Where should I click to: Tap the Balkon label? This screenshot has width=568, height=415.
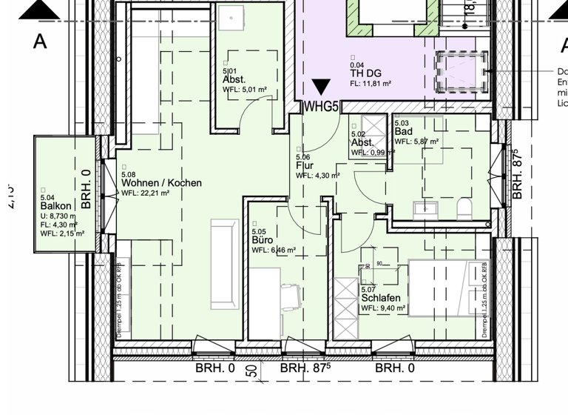pos(56,206)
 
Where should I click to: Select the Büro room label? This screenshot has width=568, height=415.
pos(260,240)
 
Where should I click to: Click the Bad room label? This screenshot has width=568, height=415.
pos(403,130)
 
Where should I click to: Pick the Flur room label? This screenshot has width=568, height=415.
pos(304,166)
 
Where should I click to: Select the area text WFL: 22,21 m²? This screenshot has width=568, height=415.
pos(146,193)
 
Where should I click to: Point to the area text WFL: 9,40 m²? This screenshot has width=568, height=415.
pos(382,308)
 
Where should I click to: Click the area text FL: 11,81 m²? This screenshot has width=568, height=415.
pos(375,84)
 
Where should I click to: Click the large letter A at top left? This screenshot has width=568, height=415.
pos(39,41)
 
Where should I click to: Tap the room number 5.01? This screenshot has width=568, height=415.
pos(229,70)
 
